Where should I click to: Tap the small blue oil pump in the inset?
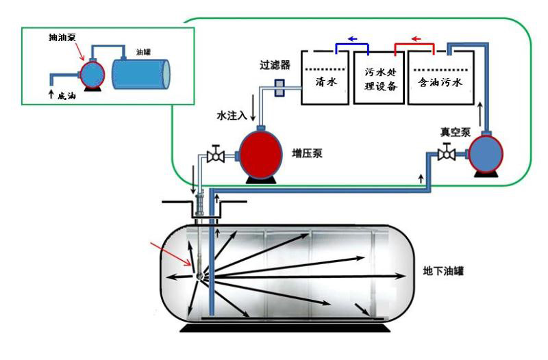(x=90, y=70)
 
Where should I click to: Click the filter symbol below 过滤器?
(x=279, y=88)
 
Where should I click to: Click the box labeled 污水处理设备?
(x=378, y=81)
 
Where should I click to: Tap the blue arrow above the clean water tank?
(x=353, y=39)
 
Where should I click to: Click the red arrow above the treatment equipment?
(x=415, y=39)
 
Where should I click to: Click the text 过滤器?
(x=274, y=66)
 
